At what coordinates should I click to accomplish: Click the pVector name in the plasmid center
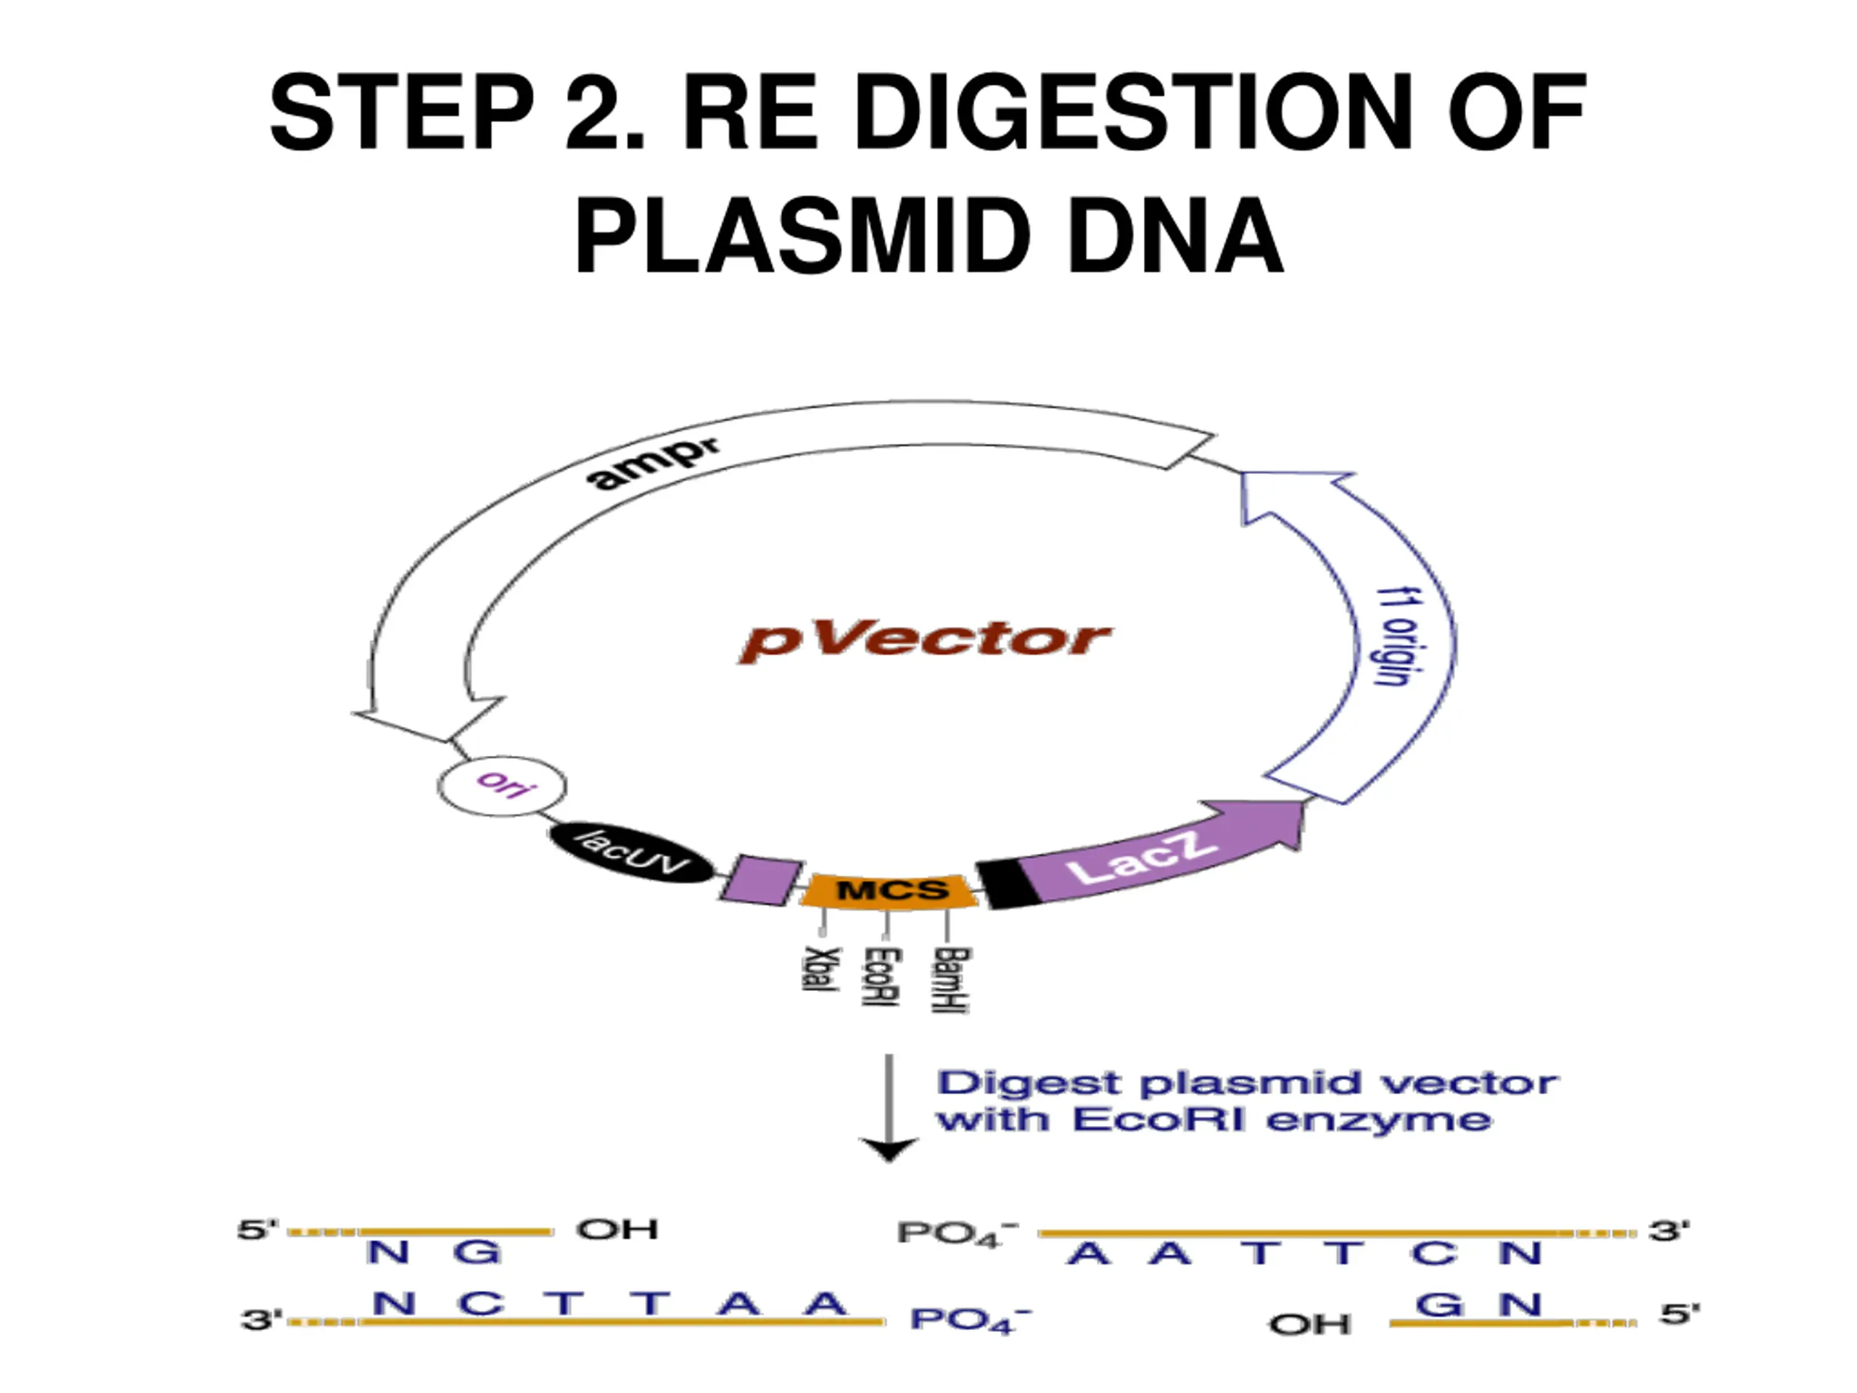coord(924,641)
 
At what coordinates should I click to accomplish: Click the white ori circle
coord(502,786)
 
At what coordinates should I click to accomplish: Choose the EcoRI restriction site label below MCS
coord(882,977)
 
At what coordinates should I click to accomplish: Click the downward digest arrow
coord(889,1109)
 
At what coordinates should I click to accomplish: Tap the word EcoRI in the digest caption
coord(1158,1120)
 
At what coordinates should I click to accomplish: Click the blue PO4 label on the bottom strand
coord(971,1319)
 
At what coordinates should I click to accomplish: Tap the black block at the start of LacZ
coord(1008,884)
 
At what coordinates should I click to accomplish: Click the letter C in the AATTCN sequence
coord(1433,1254)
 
